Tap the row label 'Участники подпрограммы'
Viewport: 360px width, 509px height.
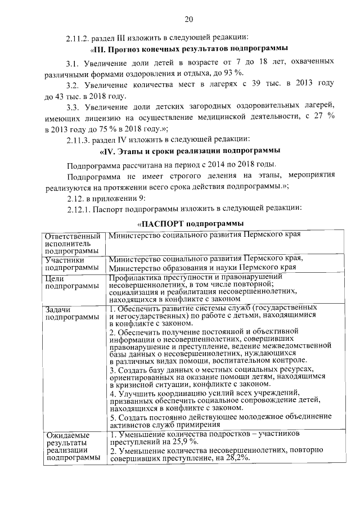tap(69, 264)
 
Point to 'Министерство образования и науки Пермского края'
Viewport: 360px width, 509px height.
tap(202, 268)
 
